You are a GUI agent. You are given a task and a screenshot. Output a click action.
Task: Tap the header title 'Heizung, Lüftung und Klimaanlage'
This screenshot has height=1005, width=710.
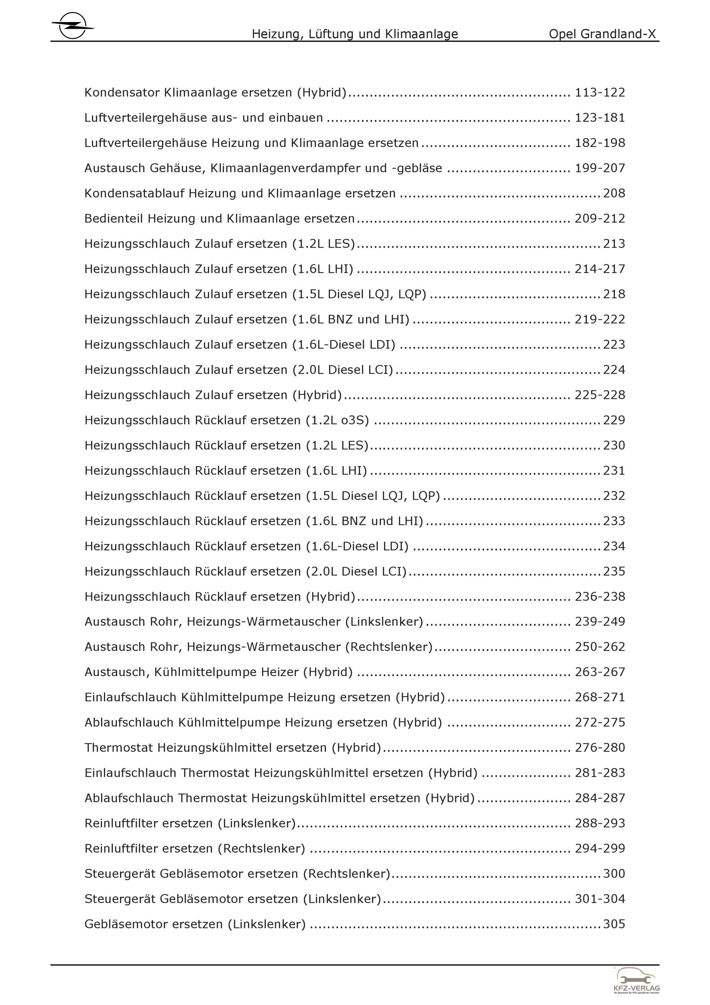355,34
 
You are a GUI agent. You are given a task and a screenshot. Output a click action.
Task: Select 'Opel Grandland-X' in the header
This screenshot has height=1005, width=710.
602,34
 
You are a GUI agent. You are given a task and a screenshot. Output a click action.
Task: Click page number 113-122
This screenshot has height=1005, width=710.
600,93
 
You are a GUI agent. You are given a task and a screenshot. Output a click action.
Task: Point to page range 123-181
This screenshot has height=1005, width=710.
600,118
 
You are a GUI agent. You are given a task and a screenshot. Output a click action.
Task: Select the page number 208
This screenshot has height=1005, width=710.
614,194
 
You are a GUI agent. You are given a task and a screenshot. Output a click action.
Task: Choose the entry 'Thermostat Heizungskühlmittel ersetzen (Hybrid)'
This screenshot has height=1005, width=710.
233,748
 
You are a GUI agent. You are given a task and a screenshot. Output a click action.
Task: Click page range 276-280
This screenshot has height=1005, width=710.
600,748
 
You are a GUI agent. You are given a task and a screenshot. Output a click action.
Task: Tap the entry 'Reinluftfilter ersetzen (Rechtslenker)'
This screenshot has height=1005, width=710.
195,849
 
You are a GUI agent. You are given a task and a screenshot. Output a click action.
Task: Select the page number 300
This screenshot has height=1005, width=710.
614,874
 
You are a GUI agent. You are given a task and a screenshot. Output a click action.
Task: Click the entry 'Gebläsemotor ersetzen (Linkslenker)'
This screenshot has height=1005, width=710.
195,924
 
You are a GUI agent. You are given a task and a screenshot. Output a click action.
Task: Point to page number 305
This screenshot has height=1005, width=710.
614,924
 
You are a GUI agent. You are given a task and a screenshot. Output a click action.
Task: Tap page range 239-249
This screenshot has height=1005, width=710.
600,622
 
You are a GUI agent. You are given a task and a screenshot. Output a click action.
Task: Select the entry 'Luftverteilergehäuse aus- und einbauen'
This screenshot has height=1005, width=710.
203,118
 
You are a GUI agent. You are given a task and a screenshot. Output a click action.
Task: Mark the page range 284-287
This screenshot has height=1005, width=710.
600,798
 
